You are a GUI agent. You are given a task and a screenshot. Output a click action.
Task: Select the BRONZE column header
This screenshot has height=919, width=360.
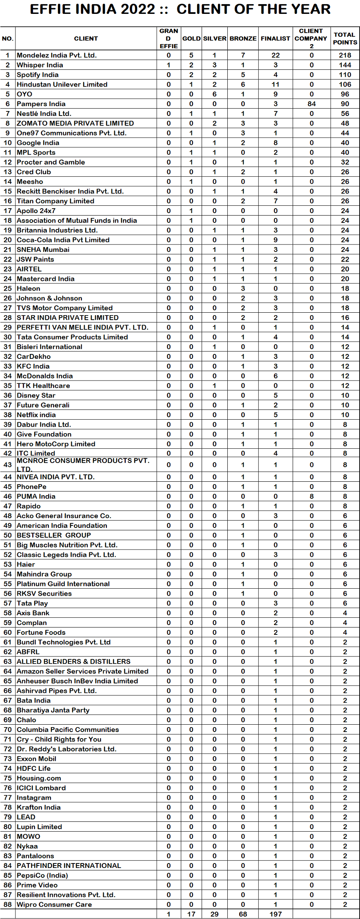(x=243, y=38)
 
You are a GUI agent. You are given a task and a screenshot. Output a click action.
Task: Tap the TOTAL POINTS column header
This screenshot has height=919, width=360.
(x=345, y=38)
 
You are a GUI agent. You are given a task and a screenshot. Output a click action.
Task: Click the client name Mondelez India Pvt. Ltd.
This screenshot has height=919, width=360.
(x=57, y=55)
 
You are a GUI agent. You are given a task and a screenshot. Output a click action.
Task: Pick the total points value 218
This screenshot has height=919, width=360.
(x=345, y=55)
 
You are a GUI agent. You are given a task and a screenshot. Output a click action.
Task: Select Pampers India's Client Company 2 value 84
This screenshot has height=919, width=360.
(x=311, y=104)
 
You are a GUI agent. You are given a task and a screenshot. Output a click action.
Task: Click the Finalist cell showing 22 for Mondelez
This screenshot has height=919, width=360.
(x=276, y=55)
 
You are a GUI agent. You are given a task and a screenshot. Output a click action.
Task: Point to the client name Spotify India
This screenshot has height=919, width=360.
(x=38, y=75)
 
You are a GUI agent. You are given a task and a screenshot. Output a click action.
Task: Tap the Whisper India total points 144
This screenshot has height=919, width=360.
(x=345, y=65)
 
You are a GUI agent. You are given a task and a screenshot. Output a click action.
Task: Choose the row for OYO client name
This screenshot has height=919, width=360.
(x=24, y=94)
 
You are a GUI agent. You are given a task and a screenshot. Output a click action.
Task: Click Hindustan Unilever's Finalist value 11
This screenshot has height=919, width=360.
(x=276, y=85)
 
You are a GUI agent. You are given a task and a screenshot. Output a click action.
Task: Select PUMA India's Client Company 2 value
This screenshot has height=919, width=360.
(x=311, y=496)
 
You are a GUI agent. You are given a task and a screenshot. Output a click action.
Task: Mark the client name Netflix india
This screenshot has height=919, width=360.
(x=36, y=415)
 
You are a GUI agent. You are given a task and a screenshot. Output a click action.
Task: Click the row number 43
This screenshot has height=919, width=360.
(x=8, y=465)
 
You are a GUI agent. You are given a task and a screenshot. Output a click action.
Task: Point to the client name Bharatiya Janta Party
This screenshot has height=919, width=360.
(x=53, y=710)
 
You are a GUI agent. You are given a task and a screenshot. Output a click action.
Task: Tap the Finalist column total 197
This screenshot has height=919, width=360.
(x=276, y=914)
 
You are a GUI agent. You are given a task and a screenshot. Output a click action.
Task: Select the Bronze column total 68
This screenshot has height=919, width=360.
(x=243, y=914)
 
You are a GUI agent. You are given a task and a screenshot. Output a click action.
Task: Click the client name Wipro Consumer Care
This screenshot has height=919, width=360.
(x=54, y=904)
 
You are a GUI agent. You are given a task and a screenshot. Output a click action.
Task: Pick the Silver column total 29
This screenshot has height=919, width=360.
(x=215, y=914)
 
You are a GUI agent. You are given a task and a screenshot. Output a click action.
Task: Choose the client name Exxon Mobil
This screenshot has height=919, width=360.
(x=36, y=759)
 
